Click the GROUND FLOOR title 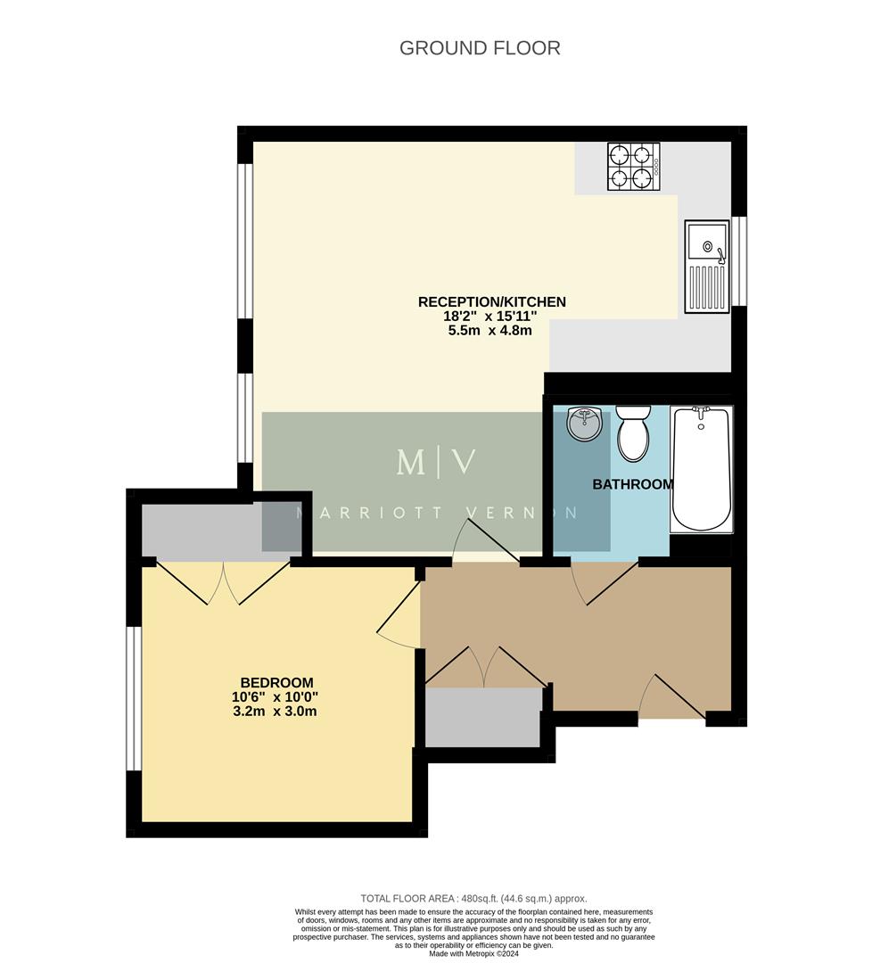(480, 48)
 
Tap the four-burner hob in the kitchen (633, 167)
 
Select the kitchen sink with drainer (707, 267)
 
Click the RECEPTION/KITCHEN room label (491, 302)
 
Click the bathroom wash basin (584, 424)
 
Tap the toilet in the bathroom (633, 433)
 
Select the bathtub (701, 468)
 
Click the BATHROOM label (633, 484)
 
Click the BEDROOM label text (276, 683)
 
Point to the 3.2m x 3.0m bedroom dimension (276, 712)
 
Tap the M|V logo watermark (436, 462)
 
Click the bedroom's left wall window (134, 697)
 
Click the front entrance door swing (673, 697)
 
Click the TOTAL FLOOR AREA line (473, 899)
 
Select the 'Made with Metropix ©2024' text (474, 953)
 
